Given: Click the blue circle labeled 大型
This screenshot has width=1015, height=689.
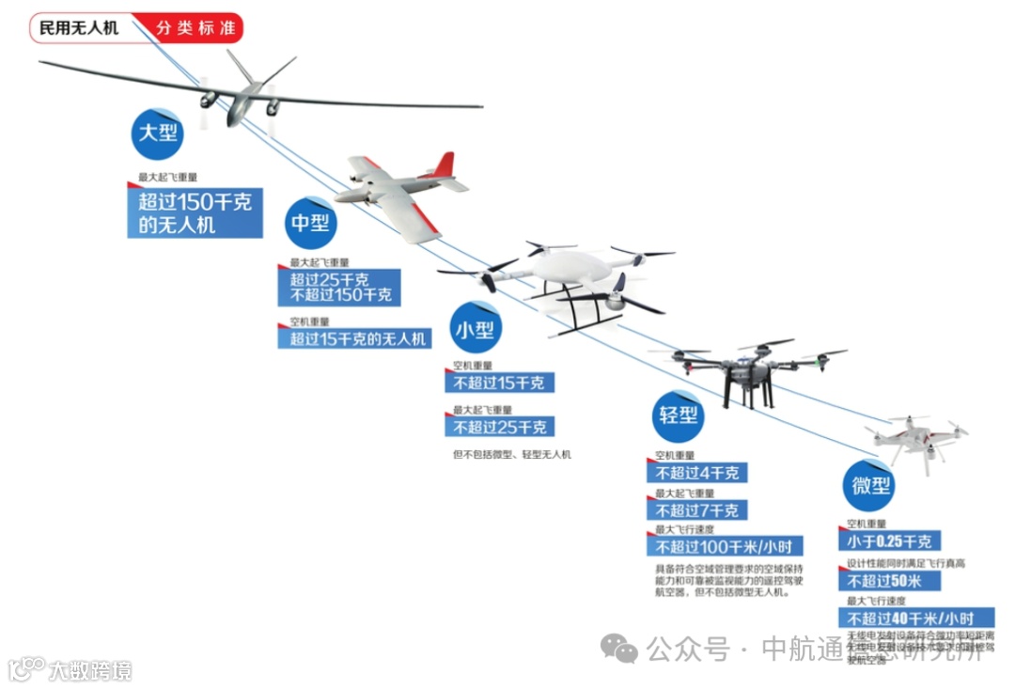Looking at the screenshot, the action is pyautogui.click(x=157, y=132).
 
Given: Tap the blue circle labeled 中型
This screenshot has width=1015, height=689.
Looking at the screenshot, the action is pyautogui.click(x=310, y=223).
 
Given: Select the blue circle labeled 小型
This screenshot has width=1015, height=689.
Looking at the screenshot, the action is pyautogui.click(x=476, y=328).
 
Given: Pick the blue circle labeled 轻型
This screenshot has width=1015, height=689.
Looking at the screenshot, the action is pyautogui.click(x=678, y=415).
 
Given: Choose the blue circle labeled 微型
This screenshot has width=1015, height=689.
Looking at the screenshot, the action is pyautogui.click(x=867, y=486).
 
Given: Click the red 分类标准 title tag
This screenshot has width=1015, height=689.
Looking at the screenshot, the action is pyautogui.click(x=194, y=28).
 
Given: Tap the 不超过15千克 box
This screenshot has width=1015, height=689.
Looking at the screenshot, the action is pyautogui.click(x=499, y=383).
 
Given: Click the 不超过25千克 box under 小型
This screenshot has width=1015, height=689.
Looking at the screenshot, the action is pyautogui.click(x=499, y=427).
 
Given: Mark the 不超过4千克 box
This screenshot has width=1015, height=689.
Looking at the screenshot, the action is pyautogui.click(x=696, y=473).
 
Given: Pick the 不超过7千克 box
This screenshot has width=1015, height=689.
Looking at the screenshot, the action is pyautogui.click(x=696, y=510).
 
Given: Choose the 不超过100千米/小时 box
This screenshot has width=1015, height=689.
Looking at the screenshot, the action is pyautogui.click(x=723, y=547).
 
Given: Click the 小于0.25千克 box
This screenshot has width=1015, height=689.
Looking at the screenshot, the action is pyautogui.click(x=889, y=541).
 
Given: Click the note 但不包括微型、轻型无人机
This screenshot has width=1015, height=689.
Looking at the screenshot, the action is pyautogui.click(x=511, y=455).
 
